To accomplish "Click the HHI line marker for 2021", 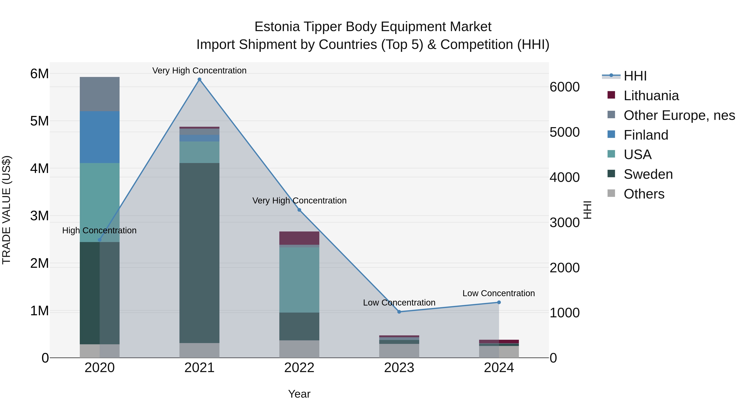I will pos(199,79).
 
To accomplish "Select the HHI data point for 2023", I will pos(399,312).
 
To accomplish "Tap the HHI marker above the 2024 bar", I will pos(499,302).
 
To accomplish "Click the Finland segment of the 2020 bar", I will pos(100,137).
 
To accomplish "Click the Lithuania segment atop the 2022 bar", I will pos(299,238).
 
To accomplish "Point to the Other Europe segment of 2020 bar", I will pos(100,94).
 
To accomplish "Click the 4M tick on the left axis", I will pos(39,168).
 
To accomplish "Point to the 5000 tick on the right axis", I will pos(564,132).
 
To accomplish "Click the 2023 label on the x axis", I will pos(399,368).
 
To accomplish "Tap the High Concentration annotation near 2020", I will pos(99,230).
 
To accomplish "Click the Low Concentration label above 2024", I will pos(498,293).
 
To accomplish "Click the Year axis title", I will pos(299,394).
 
